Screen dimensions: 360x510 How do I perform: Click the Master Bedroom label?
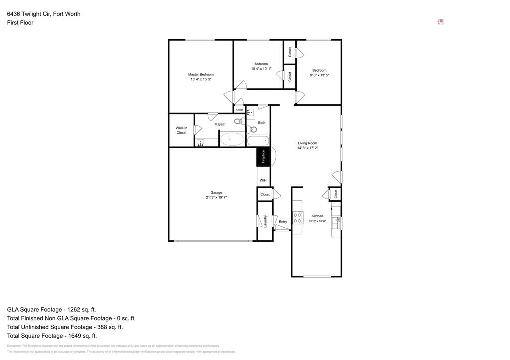(201, 74)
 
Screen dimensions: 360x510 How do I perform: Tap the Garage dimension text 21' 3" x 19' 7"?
(216, 197)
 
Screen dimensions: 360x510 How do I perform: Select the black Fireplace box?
(263, 156)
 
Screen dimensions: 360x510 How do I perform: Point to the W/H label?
(263, 180)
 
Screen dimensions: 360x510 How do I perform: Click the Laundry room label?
(265, 221)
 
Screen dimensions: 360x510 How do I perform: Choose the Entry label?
(283, 222)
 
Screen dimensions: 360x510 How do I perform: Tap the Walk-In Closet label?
(181, 130)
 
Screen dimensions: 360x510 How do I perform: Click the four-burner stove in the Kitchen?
(298, 217)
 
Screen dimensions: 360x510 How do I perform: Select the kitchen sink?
(336, 222)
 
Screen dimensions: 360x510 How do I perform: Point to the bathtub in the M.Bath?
(232, 139)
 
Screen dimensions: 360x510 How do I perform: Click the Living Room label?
(307, 143)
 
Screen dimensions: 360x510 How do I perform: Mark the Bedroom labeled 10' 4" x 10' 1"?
(261, 64)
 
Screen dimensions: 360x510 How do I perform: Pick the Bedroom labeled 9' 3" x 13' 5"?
(319, 70)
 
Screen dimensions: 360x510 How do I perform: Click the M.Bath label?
(220, 124)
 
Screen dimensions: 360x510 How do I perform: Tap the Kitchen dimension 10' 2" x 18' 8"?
(317, 221)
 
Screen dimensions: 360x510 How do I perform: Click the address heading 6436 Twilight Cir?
(44, 14)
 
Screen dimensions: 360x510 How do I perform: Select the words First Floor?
(20, 23)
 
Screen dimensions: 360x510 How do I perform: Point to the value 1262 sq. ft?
(81, 309)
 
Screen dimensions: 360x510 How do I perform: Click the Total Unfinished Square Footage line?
(65, 327)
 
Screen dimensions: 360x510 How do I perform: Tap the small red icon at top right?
(440, 22)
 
